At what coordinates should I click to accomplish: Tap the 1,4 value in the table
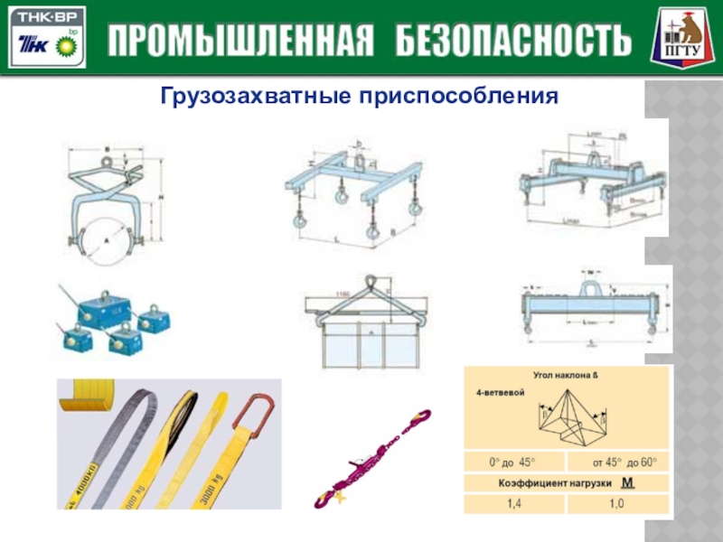(x=514, y=503)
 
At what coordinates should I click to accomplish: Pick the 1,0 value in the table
(x=617, y=503)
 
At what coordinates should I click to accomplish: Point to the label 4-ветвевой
(x=502, y=395)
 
